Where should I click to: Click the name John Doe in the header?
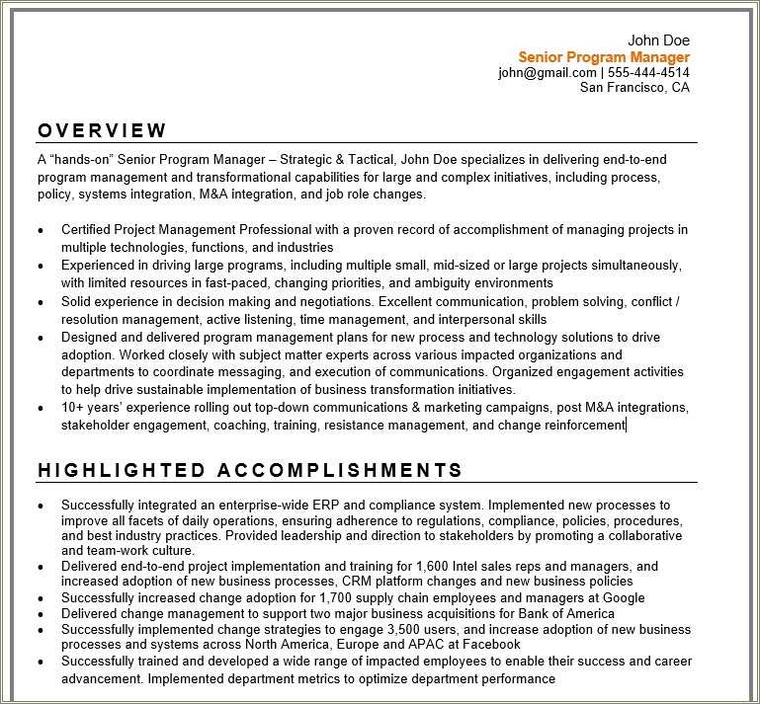(x=658, y=40)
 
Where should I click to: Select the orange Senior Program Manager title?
(x=604, y=57)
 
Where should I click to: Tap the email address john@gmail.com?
(x=547, y=73)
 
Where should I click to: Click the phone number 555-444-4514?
(x=648, y=73)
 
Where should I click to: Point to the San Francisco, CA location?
(x=634, y=88)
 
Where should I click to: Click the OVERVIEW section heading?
(x=103, y=130)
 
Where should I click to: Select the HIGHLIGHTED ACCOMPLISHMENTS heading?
(x=250, y=470)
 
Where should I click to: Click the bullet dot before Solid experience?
(x=41, y=302)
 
